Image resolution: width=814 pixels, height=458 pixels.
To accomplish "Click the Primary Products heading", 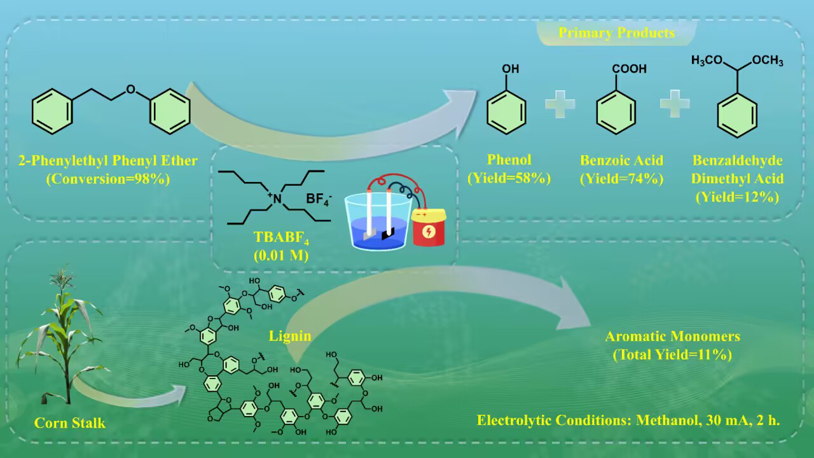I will tap(616, 32).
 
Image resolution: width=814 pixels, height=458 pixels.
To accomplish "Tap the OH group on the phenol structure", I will tap(510, 68).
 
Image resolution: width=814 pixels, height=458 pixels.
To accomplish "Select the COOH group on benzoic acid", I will tap(629, 68).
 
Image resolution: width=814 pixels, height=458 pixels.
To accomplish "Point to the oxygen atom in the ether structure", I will tap(130, 90).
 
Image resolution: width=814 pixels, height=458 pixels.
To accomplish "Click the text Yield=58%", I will tap(509, 179).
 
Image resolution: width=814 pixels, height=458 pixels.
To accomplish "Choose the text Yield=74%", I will tap(621, 179).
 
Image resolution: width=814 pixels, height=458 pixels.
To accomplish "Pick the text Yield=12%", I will tap(737, 197).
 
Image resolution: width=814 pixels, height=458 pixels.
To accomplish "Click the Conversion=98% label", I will tap(108, 179).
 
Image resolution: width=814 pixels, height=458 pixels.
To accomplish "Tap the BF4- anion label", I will tap(319, 198).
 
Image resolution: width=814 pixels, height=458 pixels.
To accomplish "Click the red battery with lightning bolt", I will tap(429, 228).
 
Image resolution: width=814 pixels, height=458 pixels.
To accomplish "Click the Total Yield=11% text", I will tap(672, 355).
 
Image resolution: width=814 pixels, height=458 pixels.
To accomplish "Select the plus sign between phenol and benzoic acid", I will tap(560, 104).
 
